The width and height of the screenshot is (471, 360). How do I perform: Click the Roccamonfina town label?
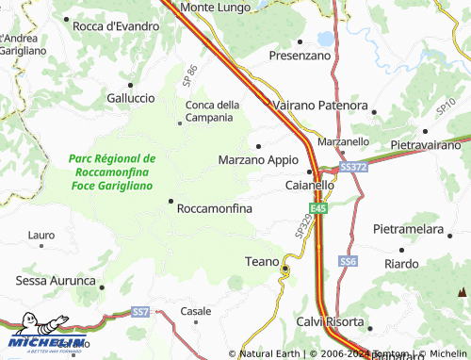tap(214, 208)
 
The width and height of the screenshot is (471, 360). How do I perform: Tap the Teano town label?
tap(262, 261)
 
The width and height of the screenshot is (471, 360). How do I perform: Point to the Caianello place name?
tap(310, 186)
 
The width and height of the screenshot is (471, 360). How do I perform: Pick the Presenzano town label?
tap(300, 56)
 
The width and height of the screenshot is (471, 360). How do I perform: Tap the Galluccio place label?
tap(131, 98)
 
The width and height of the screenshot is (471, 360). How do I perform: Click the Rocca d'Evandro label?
tap(116, 26)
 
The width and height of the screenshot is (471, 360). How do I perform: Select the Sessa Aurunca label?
tap(57, 281)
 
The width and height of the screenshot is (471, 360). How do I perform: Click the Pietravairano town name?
tap(423, 146)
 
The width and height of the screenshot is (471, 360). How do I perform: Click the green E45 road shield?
tap(321, 208)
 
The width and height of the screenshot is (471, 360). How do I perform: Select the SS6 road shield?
tap(349, 260)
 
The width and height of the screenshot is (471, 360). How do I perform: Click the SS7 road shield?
tap(141, 311)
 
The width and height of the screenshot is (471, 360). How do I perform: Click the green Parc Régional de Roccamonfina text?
tap(113, 172)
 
